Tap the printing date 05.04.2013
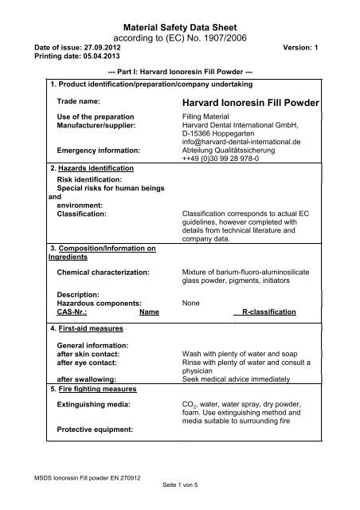pos(92,56)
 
